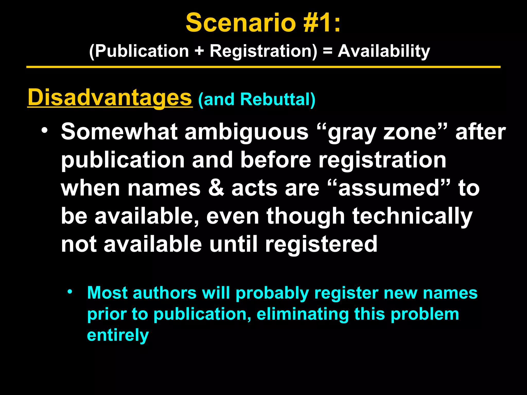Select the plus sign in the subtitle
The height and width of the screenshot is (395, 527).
(199, 51)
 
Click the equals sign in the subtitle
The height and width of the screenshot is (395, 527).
(327, 51)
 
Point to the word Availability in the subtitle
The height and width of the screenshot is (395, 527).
(384, 51)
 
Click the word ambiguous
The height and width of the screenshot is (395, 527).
(246, 132)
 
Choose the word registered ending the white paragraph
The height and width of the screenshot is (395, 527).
(321, 244)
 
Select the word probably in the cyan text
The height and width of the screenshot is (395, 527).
(272, 293)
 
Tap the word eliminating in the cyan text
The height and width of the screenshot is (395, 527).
(302, 314)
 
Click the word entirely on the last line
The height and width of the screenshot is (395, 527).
(118, 335)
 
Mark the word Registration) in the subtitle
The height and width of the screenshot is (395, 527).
(263, 51)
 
